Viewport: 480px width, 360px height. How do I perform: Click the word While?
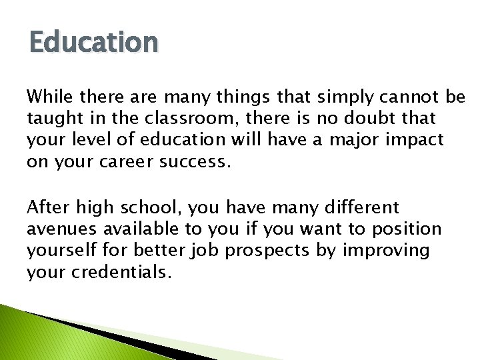click(x=47, y=97)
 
